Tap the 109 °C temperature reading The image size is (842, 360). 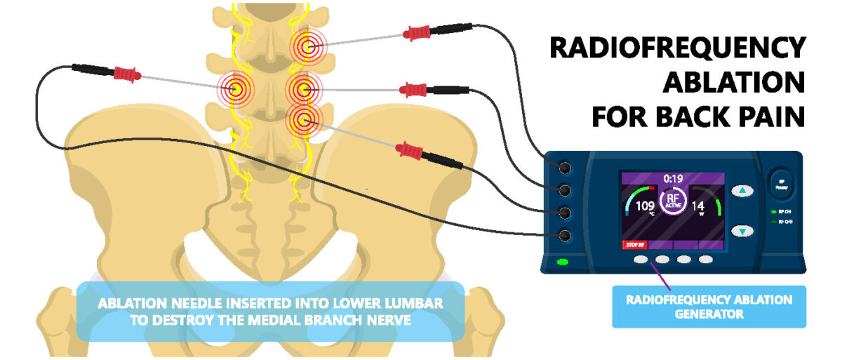click(x=644, y=206)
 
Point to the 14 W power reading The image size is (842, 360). click(x=697, y=206)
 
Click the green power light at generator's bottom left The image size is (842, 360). click(x=563, y=262)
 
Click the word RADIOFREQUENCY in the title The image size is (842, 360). click(x=677, y=48)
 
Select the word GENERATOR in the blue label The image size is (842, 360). click(x=709, y=314)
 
